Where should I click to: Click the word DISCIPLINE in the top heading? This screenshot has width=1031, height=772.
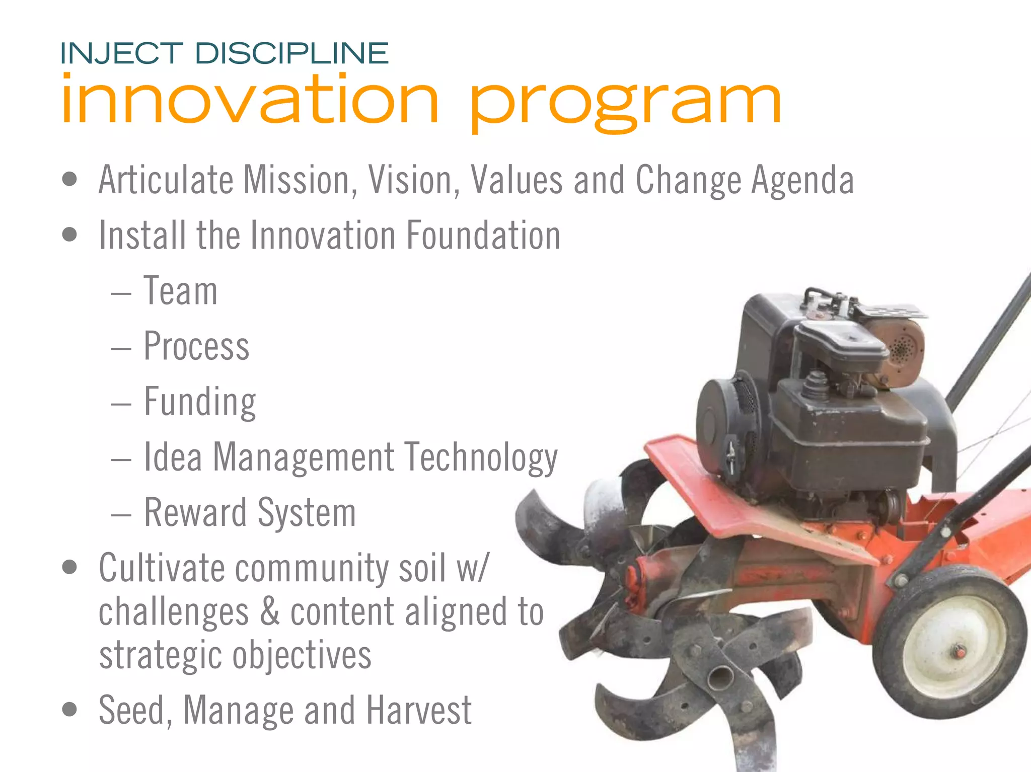pos(291,54)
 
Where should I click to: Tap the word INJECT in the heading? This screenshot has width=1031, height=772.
pos(121,54)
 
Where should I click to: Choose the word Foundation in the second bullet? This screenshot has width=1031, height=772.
pos(483,235)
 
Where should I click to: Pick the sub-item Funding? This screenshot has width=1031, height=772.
pos(200,402)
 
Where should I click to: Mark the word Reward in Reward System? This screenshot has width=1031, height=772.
pos(196,512)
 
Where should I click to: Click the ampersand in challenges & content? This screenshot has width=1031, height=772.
pos(270,611)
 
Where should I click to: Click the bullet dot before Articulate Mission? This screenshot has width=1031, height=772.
pos(69,179)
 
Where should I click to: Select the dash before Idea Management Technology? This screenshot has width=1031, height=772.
pos(121,459)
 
